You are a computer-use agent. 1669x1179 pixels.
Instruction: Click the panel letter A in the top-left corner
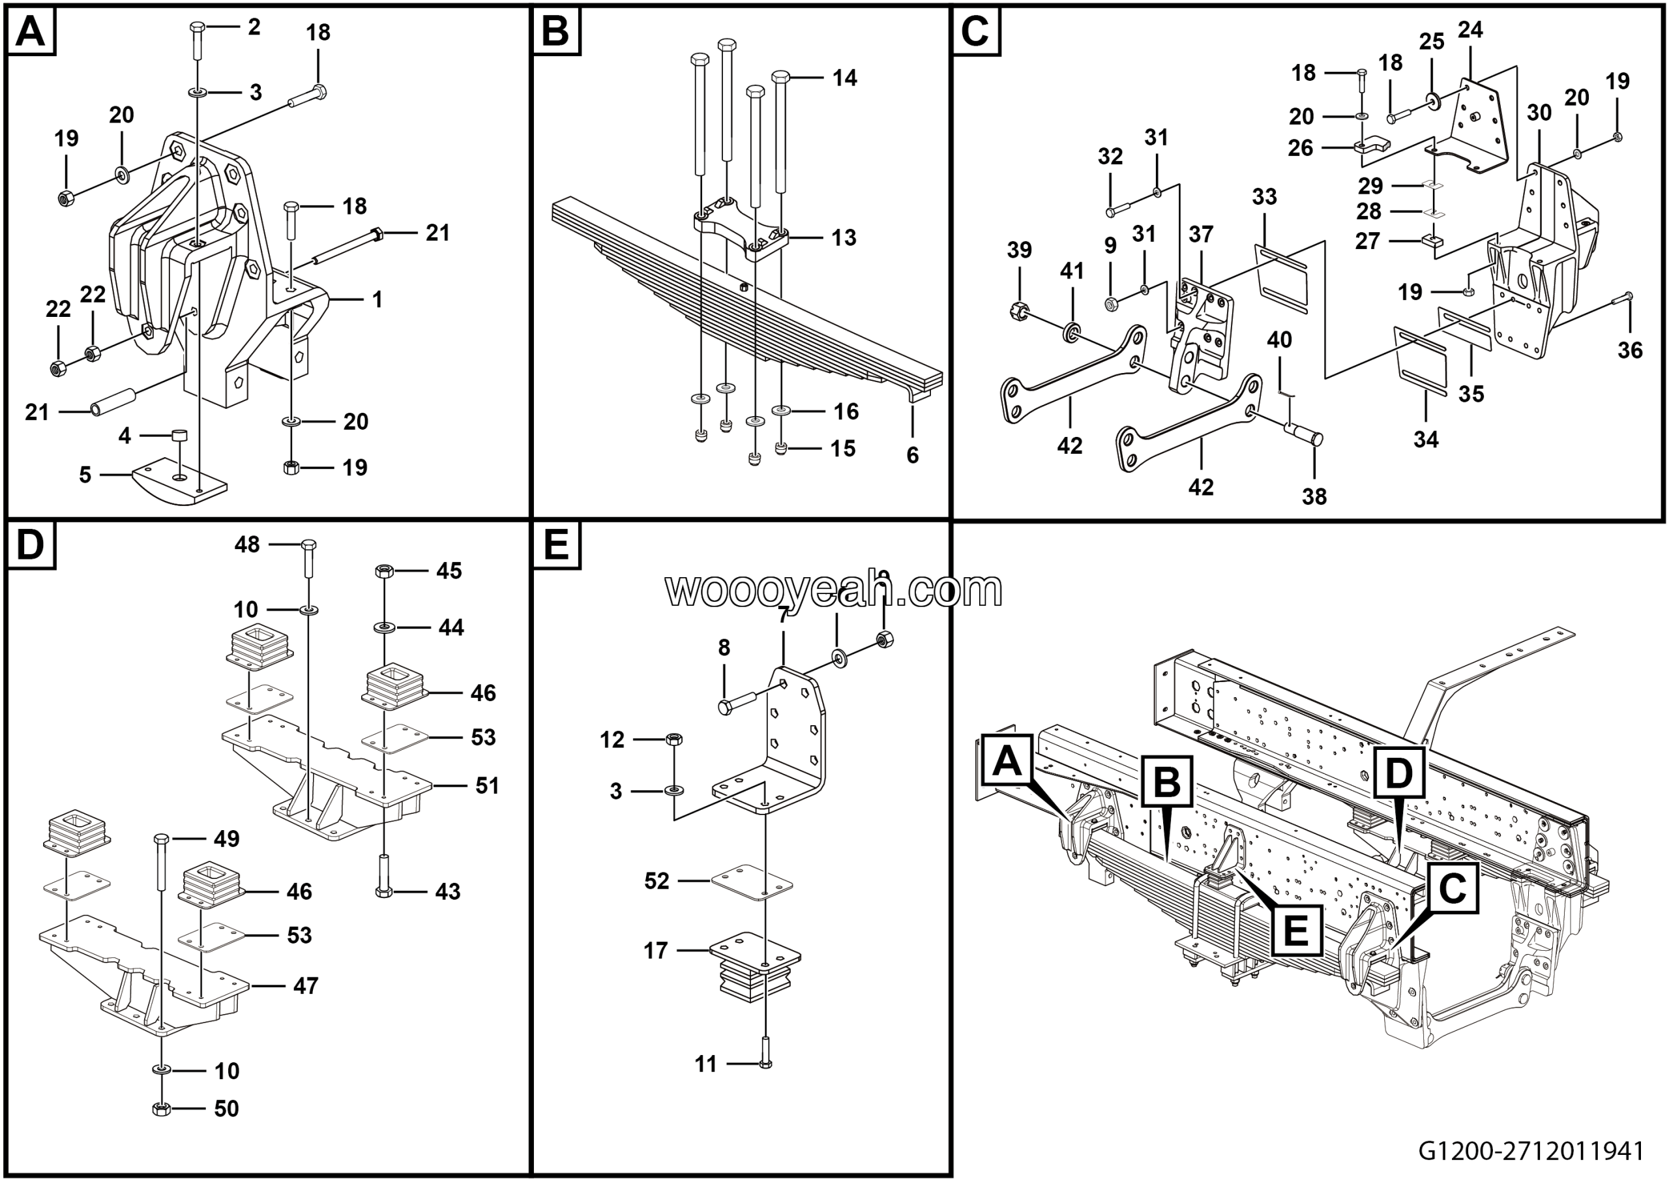(31, 31)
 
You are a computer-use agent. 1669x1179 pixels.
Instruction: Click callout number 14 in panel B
(845, 78)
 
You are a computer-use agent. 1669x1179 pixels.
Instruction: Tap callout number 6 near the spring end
(912, 455)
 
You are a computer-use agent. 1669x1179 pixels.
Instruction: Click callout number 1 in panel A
(377, 299)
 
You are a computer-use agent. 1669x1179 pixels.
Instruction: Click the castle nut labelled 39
(1018, 312)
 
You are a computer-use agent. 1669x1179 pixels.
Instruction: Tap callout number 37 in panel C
(1201, 234)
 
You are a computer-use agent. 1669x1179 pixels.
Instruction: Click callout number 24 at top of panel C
(1470, 30)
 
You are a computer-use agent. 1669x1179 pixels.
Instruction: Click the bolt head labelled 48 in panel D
(308, 544)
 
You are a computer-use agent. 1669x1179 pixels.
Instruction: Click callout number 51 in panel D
(487, 786)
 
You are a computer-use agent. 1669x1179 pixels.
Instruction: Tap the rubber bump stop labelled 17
(754, 969)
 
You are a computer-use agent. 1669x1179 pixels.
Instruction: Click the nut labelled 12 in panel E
(673, 739)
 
